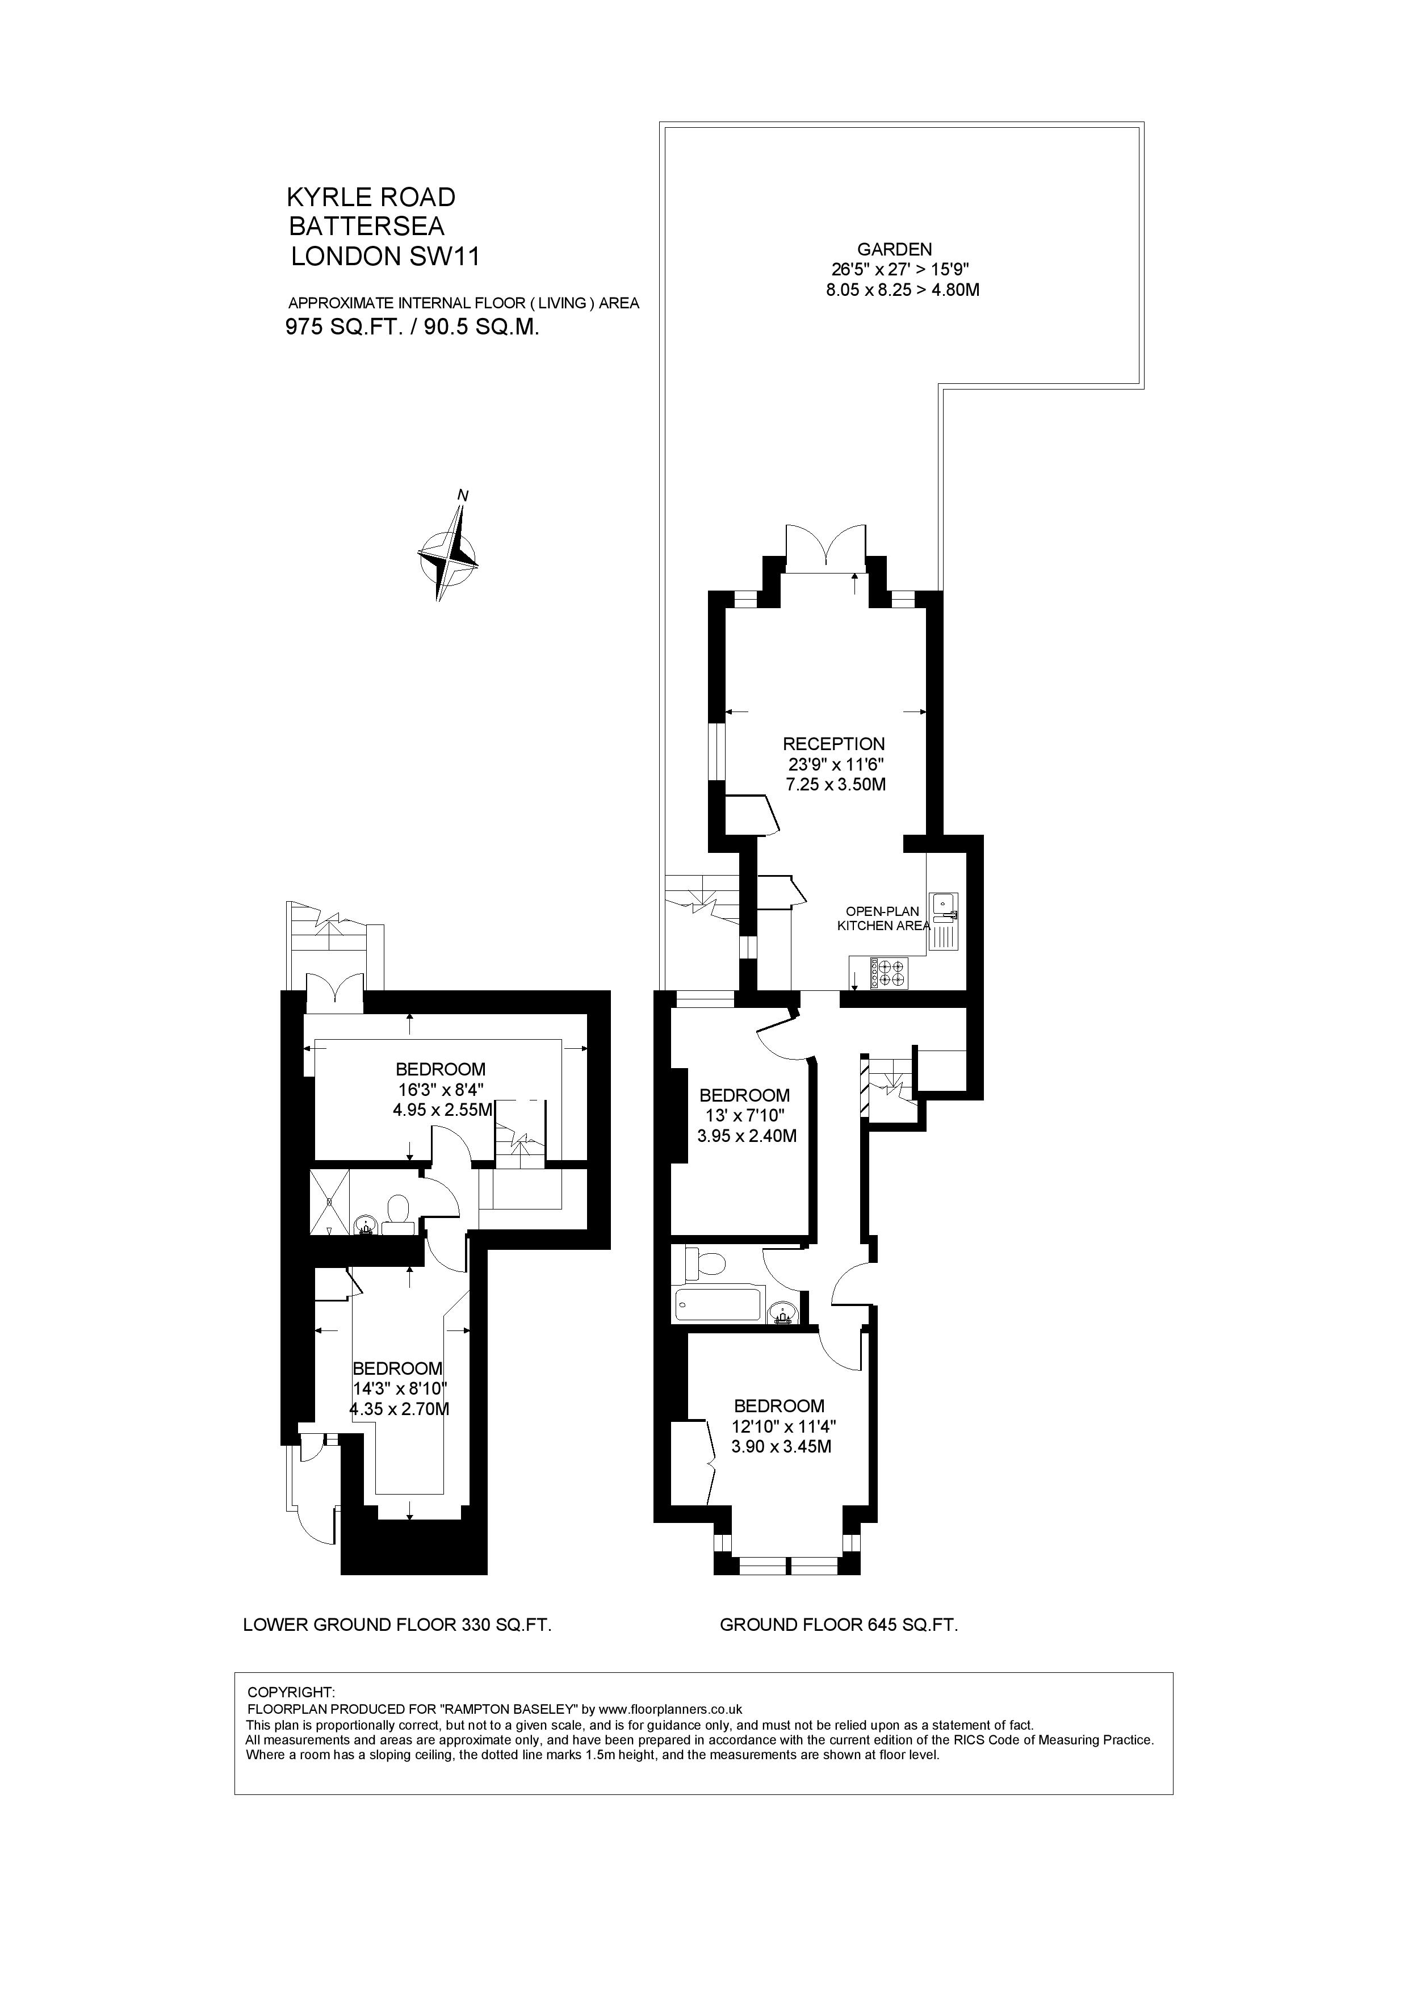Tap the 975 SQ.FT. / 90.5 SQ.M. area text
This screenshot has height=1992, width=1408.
click(x=413, y=327)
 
